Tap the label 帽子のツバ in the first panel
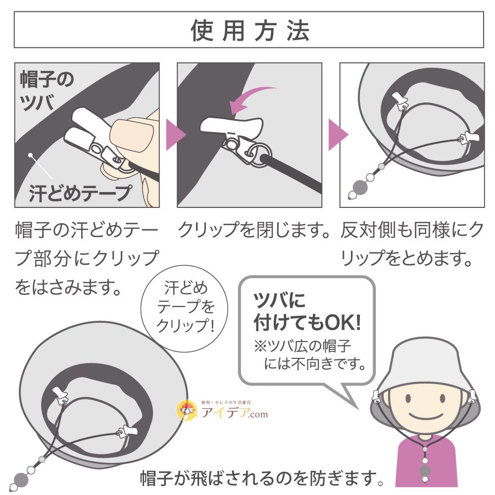pos(47,90)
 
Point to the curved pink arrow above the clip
pos(252,97)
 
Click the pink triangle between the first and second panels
pos(171,135)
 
